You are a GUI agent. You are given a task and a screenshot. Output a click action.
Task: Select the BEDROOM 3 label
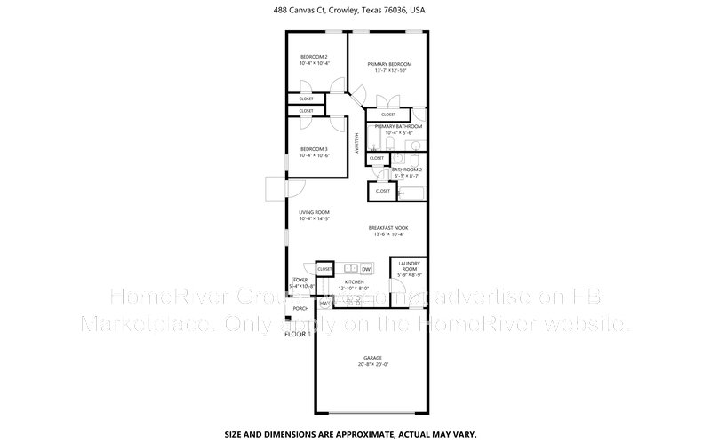pyautogui.click(x=314, y=149)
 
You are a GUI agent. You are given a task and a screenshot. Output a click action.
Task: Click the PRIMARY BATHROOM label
pyautogui.click(x=397, y=126)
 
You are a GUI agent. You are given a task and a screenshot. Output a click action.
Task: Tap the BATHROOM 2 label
pyautogui.click(x=406, y=169)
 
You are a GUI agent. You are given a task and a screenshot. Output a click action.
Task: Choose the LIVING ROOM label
pyautogui.click(x=314, y=212)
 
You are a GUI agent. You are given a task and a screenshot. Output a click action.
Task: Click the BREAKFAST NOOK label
pyautogui.click(x=388, y=228)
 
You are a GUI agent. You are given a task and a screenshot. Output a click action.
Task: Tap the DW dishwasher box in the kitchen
pyautogui.click(x=366, y=268)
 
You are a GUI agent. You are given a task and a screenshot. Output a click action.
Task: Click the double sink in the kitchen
pyautogui.click(x=350, y=268)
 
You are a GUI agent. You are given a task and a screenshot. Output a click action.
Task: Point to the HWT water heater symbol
pyautogui.click(x=324, y=304)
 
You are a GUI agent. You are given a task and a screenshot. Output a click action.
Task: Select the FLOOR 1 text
pyautogui.click(x=297, y=334)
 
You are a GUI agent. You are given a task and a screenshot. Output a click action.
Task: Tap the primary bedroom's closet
pyautogui.click(x=388, y=115)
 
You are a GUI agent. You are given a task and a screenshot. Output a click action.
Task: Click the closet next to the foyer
pyautogui.click(x=324, y=268)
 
